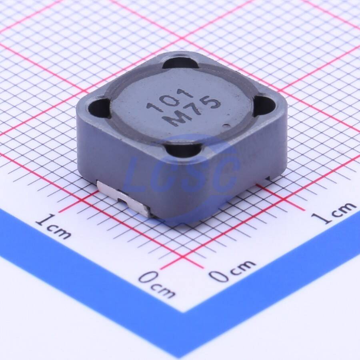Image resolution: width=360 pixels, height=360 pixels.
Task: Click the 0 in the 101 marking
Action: (x=170, y=101)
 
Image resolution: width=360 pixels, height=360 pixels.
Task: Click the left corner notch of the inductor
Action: (x=98, y=108)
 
